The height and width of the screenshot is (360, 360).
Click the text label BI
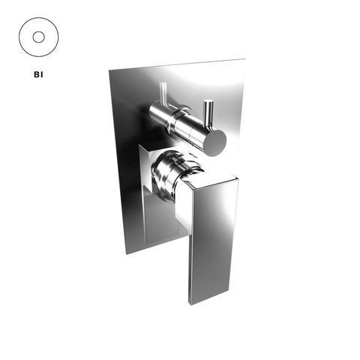pos(38,74)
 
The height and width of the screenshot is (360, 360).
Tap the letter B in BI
pos(37,74)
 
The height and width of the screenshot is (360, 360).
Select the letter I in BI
pos(42,74)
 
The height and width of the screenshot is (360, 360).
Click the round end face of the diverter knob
pos(215,142)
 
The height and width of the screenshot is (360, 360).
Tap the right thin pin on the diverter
pos(208,113)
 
